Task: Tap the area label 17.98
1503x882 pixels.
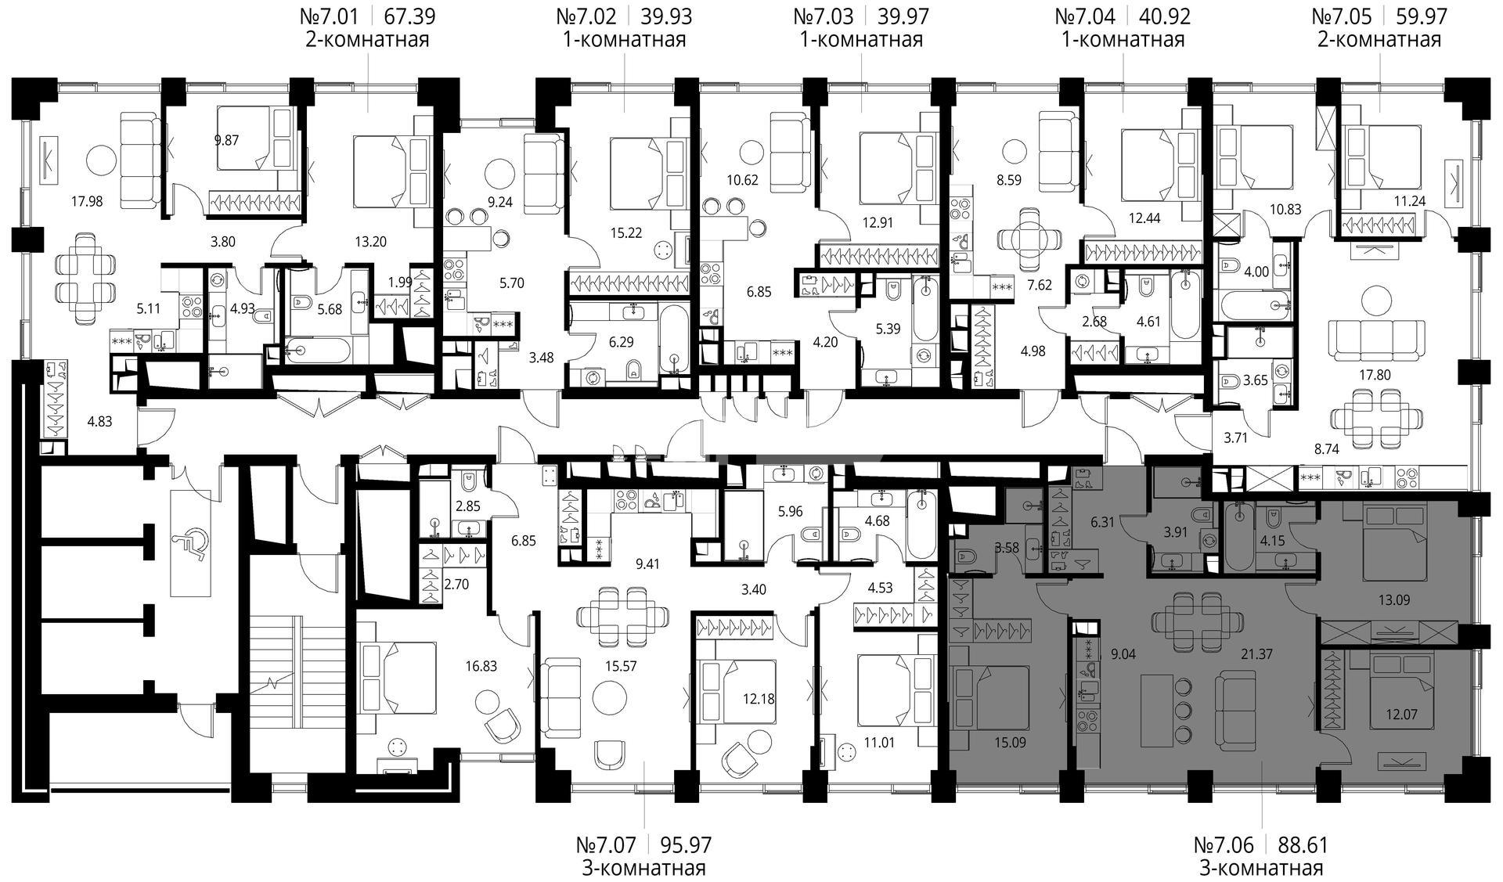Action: (x=86, y=201)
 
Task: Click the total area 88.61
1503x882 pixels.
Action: (x=1303, y=845)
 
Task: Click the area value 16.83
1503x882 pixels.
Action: (x=481, y=667)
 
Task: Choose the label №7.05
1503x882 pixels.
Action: (x=1339, y=16)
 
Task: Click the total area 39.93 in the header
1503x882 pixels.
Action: (x=666, y=16)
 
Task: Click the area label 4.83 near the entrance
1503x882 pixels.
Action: (x=99, y=422)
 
